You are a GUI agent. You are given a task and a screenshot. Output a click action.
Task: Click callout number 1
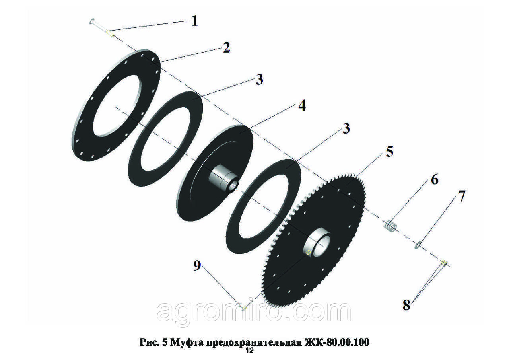(x=194, y=21)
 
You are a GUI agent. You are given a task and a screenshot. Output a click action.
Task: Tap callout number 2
(x=226, y=48)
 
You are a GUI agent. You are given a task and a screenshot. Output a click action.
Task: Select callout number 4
(x=301, y=106)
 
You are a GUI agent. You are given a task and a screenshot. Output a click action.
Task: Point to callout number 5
(x=389, y=152)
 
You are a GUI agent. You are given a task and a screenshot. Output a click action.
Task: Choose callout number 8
(x=406, y=305)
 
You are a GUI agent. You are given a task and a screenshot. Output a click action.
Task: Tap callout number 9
(x=197, y=265)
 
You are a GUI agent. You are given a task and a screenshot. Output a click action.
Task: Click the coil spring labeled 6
(x=391, y=228)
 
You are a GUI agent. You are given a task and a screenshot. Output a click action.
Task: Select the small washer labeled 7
(x=418, y=245)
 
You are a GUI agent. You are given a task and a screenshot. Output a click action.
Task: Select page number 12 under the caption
(x=249, y=351)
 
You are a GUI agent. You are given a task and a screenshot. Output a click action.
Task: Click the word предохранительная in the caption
(x=253, y=342)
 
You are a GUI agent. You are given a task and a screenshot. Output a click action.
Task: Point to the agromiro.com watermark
(x=254, y=312)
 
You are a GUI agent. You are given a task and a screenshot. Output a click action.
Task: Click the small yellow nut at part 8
(x=444, y=263)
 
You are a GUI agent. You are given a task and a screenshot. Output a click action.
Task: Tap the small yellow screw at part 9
(x=245, y=308)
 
